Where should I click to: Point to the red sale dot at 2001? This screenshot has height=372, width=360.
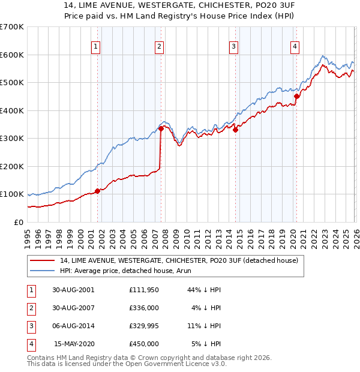[x=97, y=191]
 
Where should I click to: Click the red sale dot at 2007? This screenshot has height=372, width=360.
[x=161, y=128]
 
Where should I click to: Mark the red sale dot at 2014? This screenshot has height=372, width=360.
[x=235, y=130]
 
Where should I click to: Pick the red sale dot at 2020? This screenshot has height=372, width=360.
[x=296, y=96]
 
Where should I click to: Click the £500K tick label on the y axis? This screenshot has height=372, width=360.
[x=12, y=82]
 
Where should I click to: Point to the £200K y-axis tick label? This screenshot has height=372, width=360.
[x=12, y=166]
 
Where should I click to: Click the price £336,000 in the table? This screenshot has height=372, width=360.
[x=144, y=307]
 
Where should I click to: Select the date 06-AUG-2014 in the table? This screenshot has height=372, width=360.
[x=73, y=326]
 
